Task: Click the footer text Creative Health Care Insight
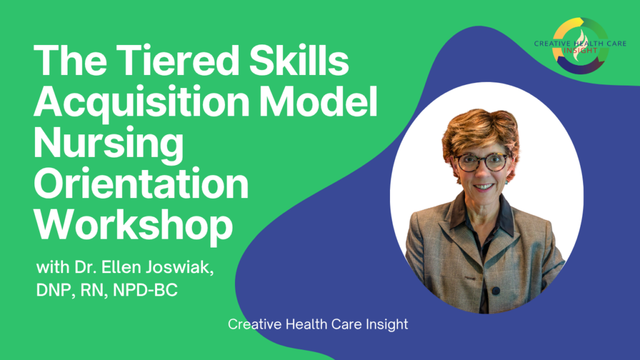point(318,325)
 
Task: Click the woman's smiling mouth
point(482,186)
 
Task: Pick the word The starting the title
point(67,63)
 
